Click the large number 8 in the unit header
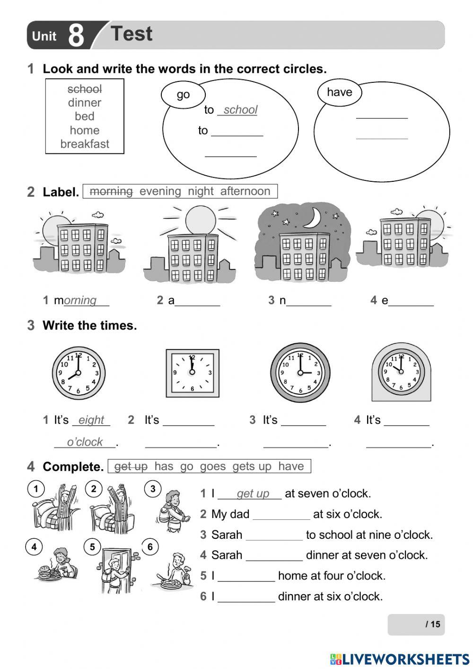point(76,36)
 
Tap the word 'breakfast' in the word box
point(85,144)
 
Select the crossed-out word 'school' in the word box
point(85,89)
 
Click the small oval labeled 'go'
point(183,94)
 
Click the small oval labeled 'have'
point(339,92)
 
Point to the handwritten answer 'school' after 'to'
point(240,110)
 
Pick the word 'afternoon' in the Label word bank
point(245,191)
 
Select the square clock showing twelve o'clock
point(192,373)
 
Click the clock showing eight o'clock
point(79,373)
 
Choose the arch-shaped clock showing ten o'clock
point(401,372)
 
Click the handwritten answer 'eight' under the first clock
point(91,420)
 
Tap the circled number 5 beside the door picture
point(92,547)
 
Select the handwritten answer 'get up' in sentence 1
point(253,494)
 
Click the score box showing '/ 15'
point(416,624)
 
